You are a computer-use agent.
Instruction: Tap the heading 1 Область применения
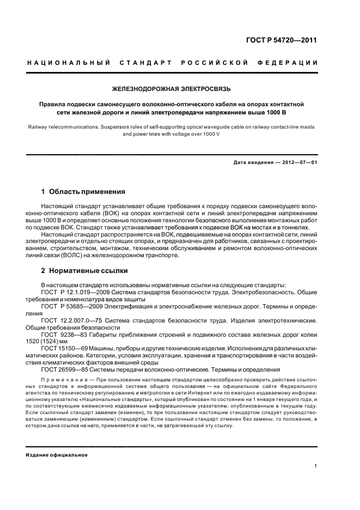coord(83,192)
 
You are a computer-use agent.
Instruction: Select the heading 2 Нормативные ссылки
coord(86,270)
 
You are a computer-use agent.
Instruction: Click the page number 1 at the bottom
coord(316,466)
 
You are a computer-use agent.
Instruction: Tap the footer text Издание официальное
coord(57,454)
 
